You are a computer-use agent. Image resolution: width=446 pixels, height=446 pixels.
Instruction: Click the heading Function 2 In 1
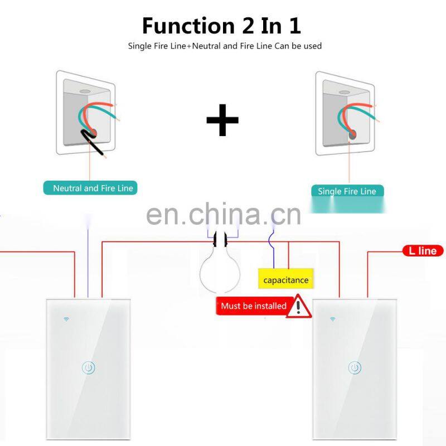coord(221,26)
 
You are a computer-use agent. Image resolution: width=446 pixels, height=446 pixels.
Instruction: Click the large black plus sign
coord(222,119)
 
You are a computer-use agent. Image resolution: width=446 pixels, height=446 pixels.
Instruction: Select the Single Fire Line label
coord(347,191)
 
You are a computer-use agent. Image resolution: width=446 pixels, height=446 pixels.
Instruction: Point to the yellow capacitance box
coord(285,280)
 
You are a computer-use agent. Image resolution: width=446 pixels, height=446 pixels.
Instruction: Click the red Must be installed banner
coord(253,306)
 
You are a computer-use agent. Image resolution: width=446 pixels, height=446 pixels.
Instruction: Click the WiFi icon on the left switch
coord(66,319)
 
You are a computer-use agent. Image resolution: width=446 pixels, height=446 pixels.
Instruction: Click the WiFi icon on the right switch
coord(333,319)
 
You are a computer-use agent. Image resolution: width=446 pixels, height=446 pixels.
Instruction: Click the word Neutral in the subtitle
coord(206,46)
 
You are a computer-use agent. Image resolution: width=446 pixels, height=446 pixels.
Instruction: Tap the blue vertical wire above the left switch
coord(88,256)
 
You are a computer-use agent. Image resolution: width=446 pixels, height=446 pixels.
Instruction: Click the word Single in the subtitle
coord(140,46)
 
